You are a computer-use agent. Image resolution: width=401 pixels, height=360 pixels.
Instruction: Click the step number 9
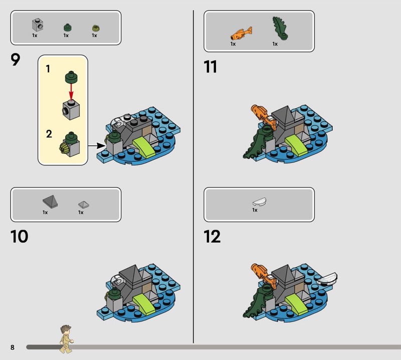click(x=16, y=60)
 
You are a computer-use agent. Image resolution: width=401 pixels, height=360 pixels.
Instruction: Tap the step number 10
click(x=19, y=237)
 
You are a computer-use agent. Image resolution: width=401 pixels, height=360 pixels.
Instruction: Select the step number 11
click(x=210, y=67)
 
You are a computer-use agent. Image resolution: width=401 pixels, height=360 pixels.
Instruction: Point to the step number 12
click(x=212, y=237)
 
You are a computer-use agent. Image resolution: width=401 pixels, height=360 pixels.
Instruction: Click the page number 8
click(x=12, y=347)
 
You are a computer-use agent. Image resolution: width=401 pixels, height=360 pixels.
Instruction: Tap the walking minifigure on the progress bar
click(x=66, y=339)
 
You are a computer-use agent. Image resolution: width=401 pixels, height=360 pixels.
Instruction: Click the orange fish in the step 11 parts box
click(x=241, y=33)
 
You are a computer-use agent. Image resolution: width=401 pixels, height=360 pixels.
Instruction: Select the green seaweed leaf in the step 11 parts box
click(x=280, y=28)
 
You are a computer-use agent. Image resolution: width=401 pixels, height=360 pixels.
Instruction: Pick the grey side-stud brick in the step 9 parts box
click(x=38, y=25)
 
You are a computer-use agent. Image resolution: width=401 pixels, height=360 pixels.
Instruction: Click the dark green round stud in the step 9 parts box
click(x=68, y=28)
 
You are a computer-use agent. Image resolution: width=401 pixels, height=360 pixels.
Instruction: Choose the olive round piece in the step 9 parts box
click(x=96, y=28)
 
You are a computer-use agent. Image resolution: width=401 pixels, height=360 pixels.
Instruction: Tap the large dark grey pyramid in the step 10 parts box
click(x=51, y=201)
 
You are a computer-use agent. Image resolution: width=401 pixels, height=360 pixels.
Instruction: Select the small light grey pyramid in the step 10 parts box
click(x=84, y=204)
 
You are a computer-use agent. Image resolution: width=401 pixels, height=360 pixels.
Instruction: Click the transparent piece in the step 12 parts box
click(x=259, y=202)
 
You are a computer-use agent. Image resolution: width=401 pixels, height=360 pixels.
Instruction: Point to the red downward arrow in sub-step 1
click(x=71, y=92)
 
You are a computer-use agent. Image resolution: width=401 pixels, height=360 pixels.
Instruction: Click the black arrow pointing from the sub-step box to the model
click(x=97, y=146)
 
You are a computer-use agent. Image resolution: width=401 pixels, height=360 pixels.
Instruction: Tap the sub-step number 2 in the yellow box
click(x=49, y=134)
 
